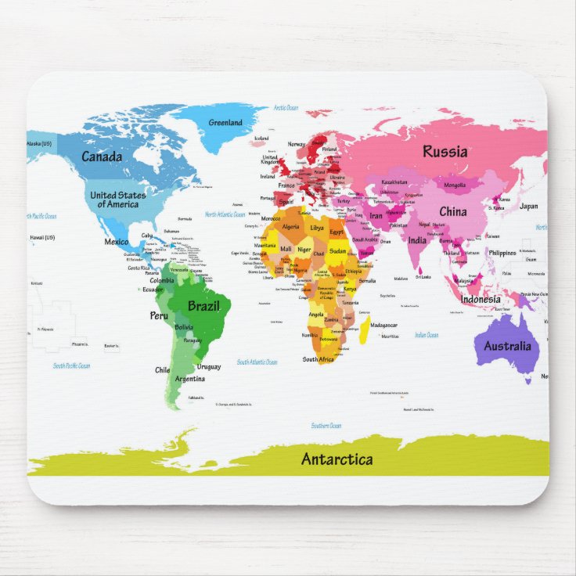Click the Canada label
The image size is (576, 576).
[x=102, y=157]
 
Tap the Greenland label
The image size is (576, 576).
[x=225, y=123]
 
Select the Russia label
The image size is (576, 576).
[x=445, y=152]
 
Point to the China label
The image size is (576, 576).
[x=452, y=211]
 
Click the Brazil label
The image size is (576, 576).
[x=203, y=306]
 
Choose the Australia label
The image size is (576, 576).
[x=507, y=346]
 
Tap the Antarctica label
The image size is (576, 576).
[x=337, y=459]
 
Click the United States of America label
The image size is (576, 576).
[x=118, y=200]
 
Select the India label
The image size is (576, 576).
[x=417, y=240]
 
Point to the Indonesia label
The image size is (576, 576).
[x=481, y=299]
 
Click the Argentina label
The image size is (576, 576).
[x=190, y=379]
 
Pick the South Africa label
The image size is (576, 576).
[x=319, y=359]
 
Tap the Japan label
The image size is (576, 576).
[x=529, y=207]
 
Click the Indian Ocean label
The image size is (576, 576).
[x=427, y=335]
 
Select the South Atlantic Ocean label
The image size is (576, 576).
[x=257, y=362]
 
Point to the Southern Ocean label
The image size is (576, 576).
[x=326, y=426]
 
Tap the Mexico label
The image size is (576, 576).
[x=117, y=242]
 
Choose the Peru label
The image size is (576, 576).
[x=159, y=315]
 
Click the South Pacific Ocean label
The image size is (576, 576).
[x=72, y=365]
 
